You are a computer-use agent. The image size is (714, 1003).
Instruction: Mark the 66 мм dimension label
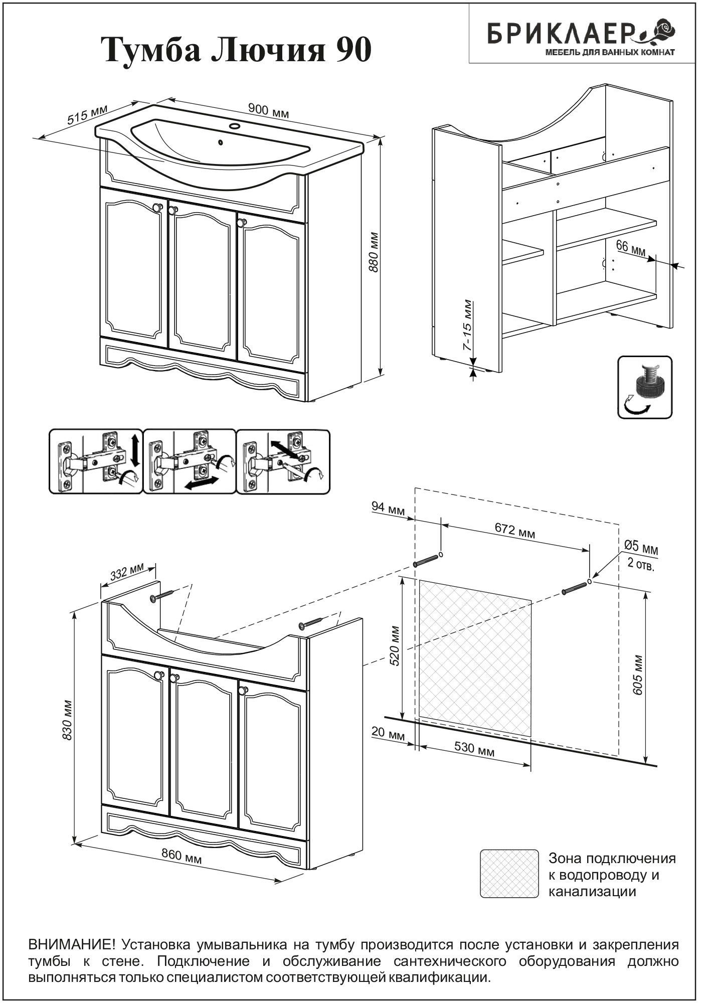pos(630,248)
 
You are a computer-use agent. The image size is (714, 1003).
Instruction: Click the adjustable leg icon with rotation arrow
pos(644,387)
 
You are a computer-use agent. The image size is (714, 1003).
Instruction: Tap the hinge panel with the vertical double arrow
pos(96,461)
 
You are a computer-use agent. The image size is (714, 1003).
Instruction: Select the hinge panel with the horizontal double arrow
pos(190,461)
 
